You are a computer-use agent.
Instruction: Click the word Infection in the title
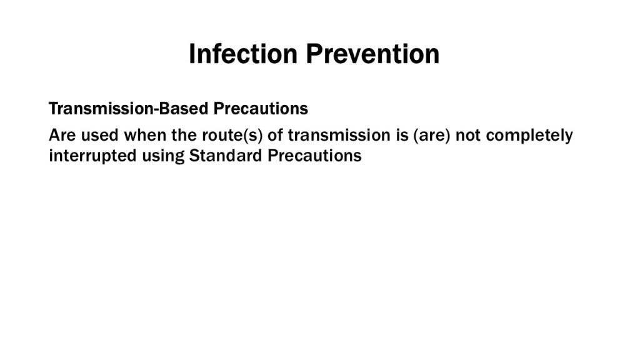[x=243, y=54]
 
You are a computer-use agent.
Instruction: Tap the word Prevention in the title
[x=372, y=54]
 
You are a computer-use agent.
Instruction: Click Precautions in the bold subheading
[x=261, y=109]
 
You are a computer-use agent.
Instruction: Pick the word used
[x=100, y=135]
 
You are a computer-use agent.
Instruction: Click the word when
[x=145, y=135]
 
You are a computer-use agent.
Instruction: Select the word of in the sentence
[x=275, y=135]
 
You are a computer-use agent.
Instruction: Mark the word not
[x=468, y=135]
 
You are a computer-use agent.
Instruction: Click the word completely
[x=529, y=136]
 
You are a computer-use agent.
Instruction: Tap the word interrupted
[x=93, y=156]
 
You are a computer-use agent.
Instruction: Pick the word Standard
[x=226, y=156]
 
